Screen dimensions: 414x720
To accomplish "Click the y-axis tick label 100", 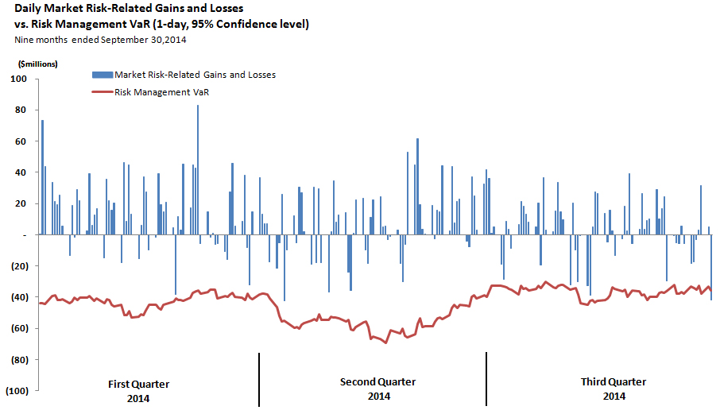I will (x=19, y=79).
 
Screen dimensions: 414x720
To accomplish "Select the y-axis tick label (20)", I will (x=18, y=266).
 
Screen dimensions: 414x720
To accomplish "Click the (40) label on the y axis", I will (x=18, y=297).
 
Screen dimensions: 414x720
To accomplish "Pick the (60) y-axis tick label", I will (x=18, y=328).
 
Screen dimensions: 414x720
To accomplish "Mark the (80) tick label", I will (x=18, y=360).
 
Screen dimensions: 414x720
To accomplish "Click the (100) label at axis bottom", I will (x=16, y=391).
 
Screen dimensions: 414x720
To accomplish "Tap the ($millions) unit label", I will (x=33, y=63).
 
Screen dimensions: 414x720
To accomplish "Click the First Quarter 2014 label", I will (x=138, y=390).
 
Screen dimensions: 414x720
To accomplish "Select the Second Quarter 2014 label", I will (x=378, y=389).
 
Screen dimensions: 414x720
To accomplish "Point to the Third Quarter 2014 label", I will (x=614, y=389).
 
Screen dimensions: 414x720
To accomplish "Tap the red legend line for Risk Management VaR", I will (x=102, y=92).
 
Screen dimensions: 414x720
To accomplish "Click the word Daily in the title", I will (x=30, y=9).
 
